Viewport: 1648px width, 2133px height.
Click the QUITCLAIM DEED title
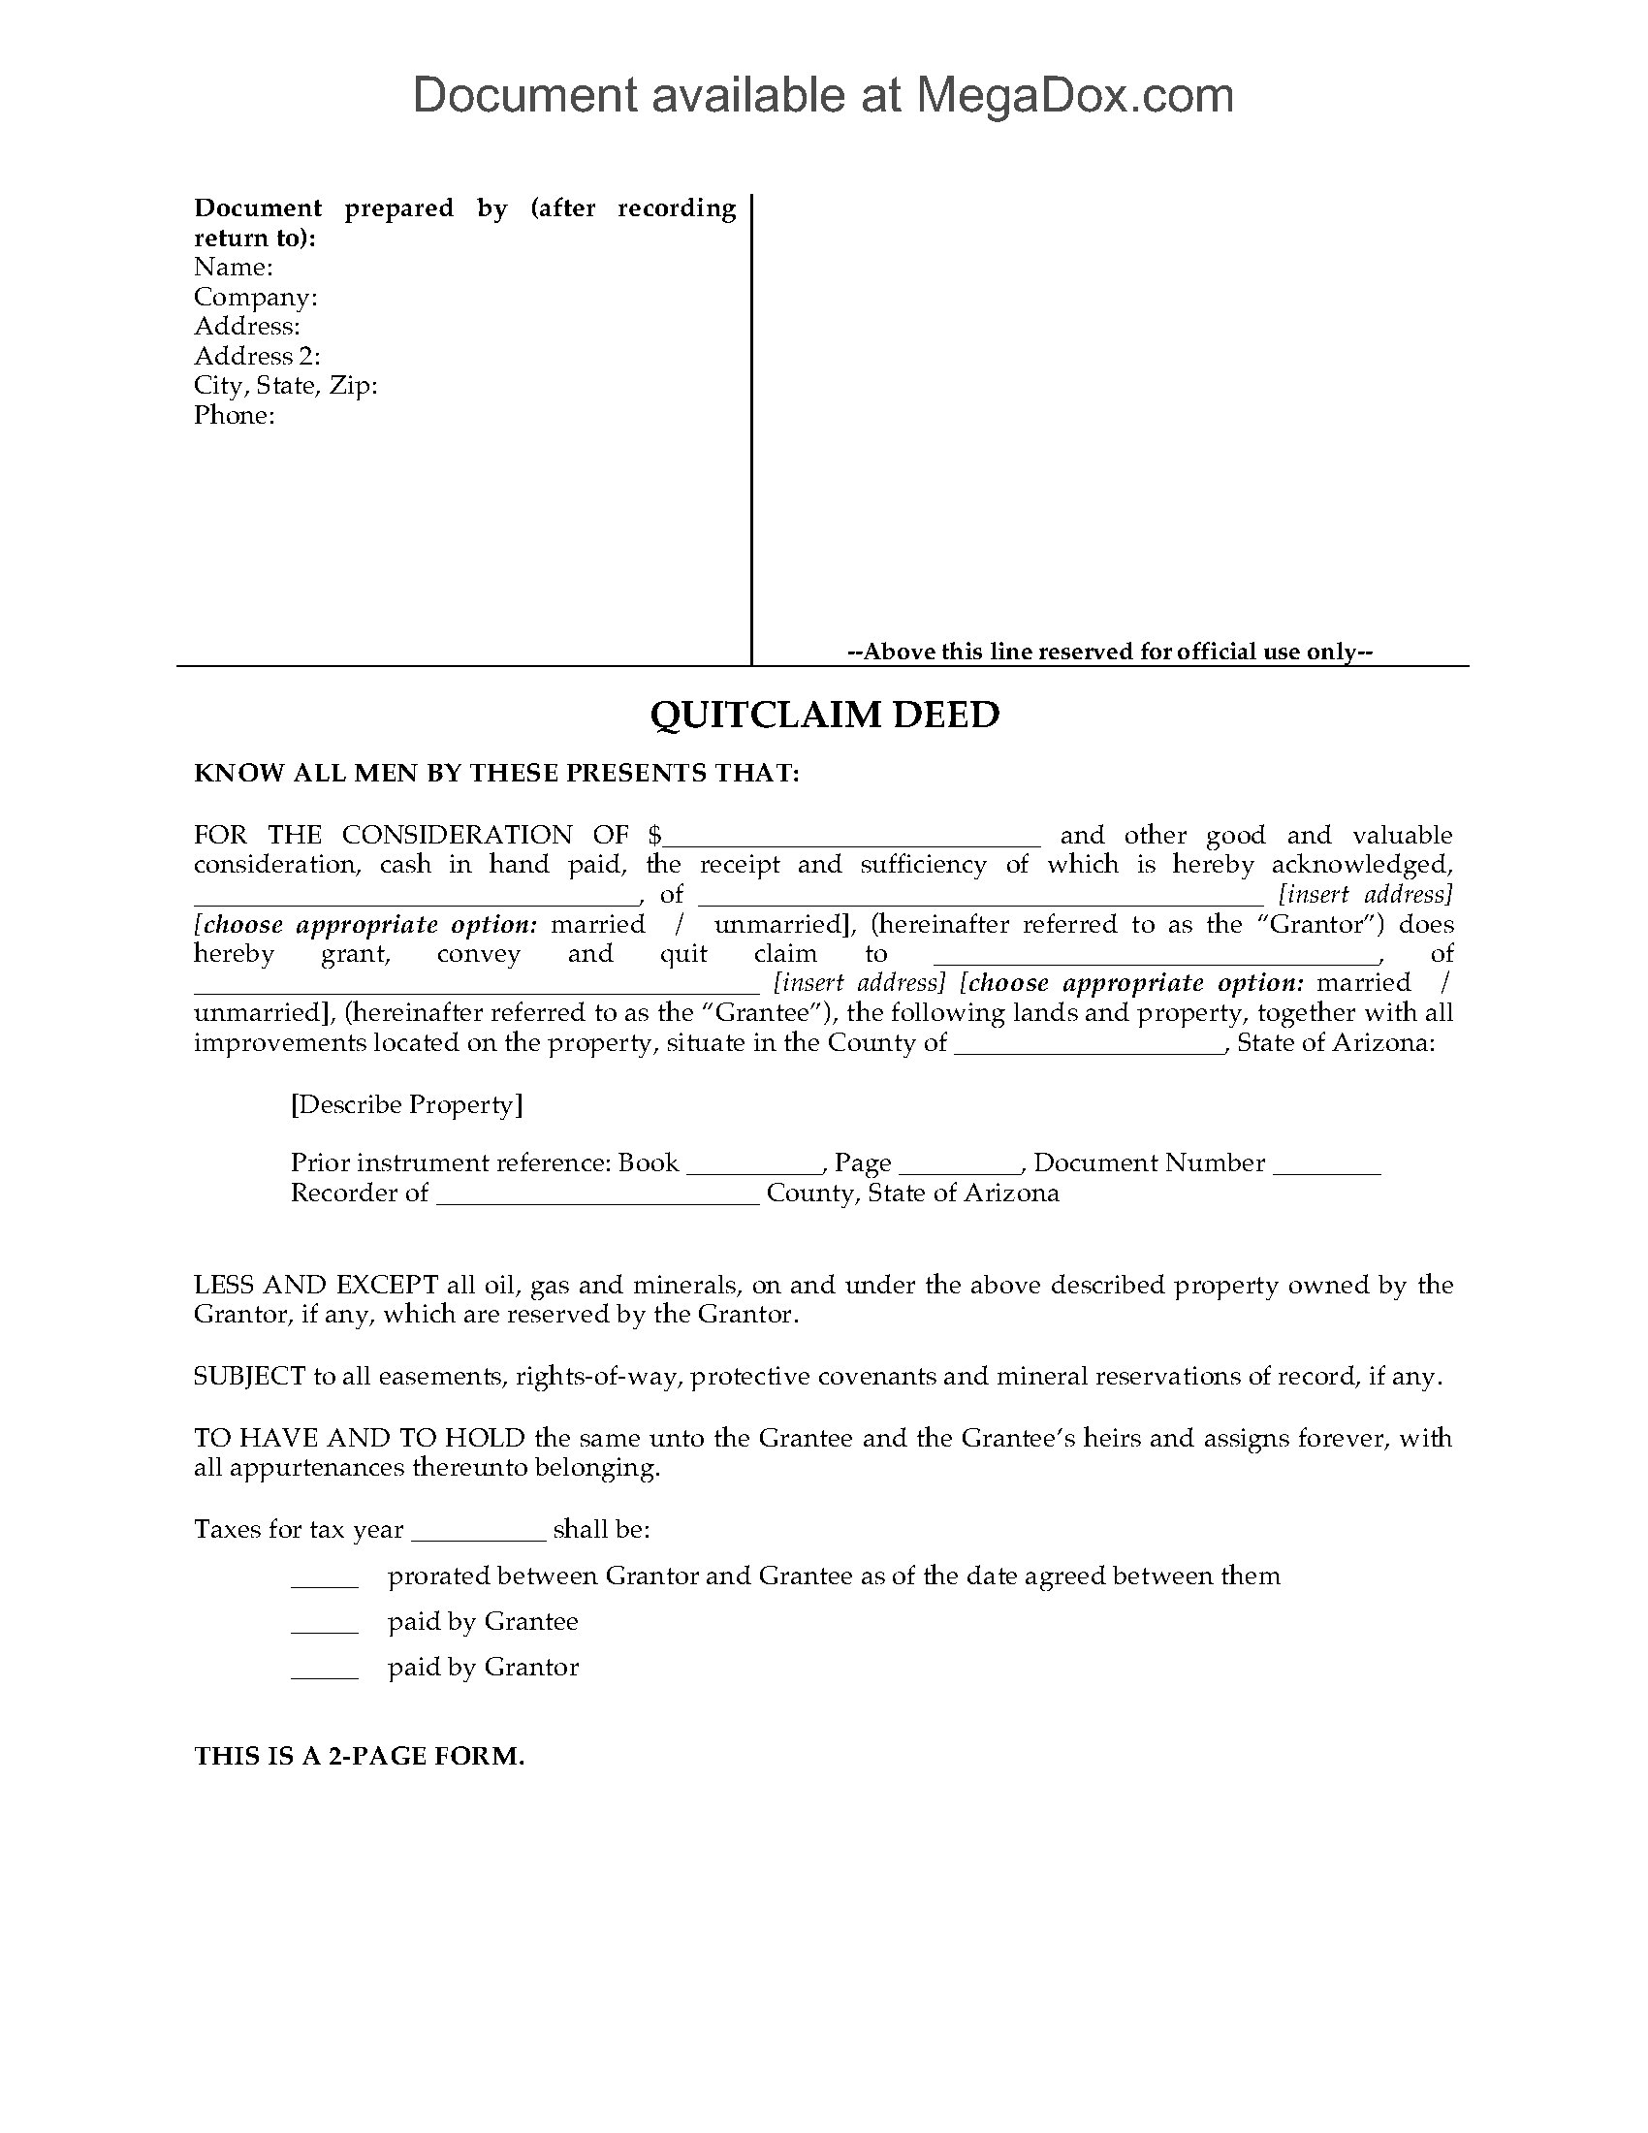(824, 715)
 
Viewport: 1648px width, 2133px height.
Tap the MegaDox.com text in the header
(1074, 96)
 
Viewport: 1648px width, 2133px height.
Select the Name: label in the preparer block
(234, 268)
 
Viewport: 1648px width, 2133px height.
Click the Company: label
(256, 297)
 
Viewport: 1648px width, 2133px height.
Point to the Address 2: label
(257, 357)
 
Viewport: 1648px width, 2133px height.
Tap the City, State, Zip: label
(285, 386)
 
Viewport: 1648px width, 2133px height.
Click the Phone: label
(235, 416)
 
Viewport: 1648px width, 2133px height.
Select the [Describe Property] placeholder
(406, 1104)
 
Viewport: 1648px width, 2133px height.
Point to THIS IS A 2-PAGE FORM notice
(360, 1756)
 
